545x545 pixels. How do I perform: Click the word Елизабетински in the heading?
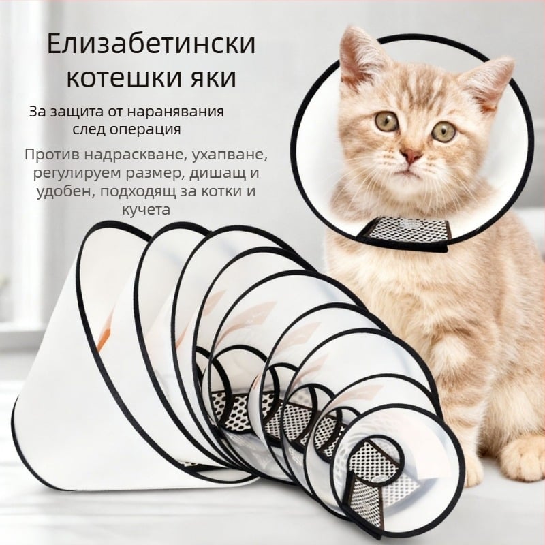151,44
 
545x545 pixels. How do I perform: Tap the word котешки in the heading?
121,78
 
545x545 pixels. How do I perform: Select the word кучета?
146,210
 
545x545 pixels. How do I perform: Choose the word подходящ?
138,192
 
